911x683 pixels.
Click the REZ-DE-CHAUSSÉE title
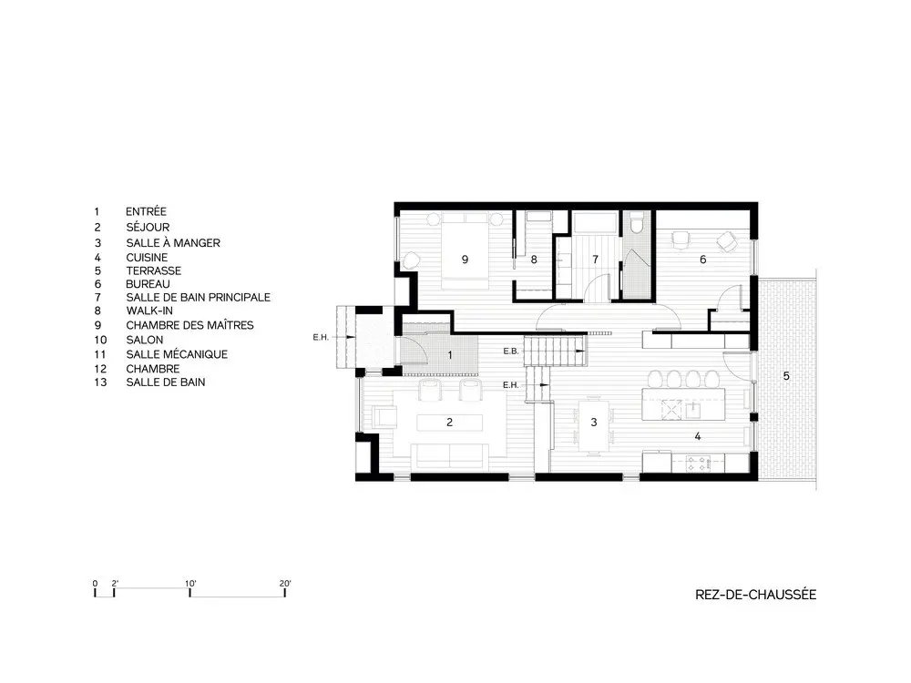click(x=755, y=594)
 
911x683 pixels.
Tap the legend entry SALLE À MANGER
click(x=173, y=243)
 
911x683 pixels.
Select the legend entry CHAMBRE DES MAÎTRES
click(x=190, y=325)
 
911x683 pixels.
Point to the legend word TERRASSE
click(x=153, y=270)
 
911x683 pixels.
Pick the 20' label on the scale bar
click(x=284, y=584)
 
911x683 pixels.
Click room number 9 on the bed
click(x=465, y=260)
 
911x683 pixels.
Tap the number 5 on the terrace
click(x=786, y=376)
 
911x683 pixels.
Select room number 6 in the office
click(x=703, y=260)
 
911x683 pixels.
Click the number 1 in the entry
click(x=450, y=355)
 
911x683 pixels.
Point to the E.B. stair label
click(x=511, y=352)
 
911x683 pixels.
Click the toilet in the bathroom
click(x=636, y=224)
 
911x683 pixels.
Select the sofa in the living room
click(x=450, y=455)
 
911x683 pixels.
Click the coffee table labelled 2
click(x=450, y=423)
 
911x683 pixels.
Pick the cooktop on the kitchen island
click(x=671, y=410)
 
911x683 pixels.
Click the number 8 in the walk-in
click(x=534, y=260)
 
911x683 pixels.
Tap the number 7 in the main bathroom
click(x=595, y=260)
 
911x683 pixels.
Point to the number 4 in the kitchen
click(x=697, y=436)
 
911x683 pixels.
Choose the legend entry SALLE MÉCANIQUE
click(x=177, y=354)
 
